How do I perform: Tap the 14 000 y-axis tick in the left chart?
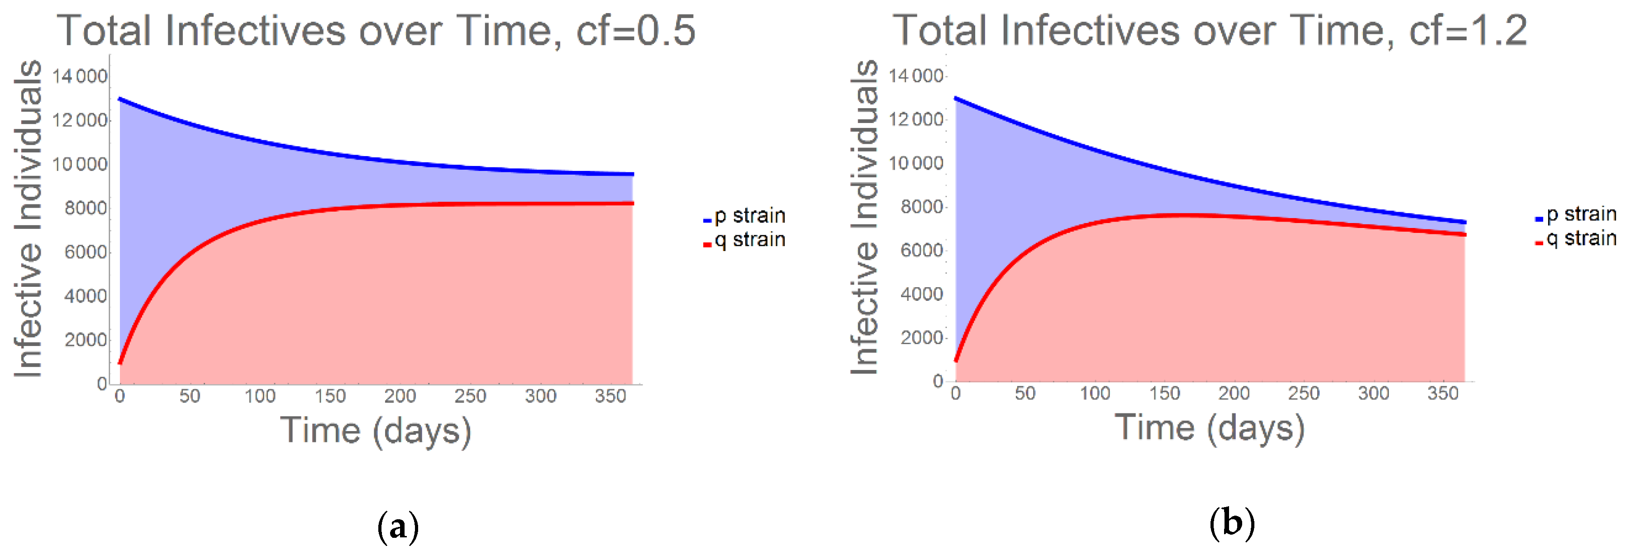pyautogui.click(x=80, y=76)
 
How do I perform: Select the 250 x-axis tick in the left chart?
pyautogui.click(x=470, y=396)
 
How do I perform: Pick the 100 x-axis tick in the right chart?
pyautogui.click(x=1095, y=394)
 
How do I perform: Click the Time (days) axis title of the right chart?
pyautogui.click(x=1210, y=429)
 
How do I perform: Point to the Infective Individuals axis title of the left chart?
pyautogui.click(x=29, y=219)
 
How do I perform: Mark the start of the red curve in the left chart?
pyautogui.click(x=120, y=363)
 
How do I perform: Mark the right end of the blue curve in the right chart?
pyautogui.click(x=1464, y=222)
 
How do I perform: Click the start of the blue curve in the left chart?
pyautogui.click(x=120, y=99)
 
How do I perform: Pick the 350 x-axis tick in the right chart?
pyautogui.click(x=1443, y=394)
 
